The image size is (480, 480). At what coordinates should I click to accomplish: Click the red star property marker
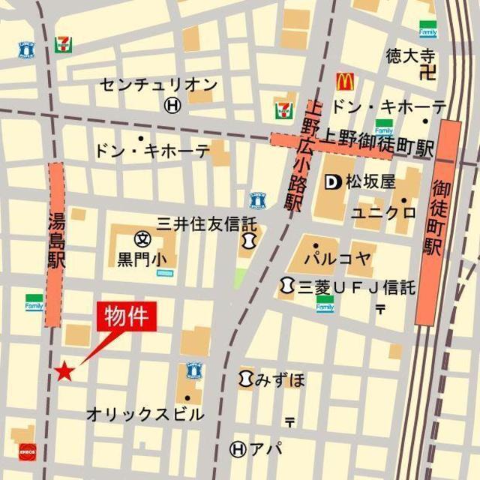click(65, 370)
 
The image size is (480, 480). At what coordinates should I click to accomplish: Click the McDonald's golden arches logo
click(344, 81)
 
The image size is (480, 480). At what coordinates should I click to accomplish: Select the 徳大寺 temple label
click(410, 55)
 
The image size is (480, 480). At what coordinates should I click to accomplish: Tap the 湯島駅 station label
click(57, 241)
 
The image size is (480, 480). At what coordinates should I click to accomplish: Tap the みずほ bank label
click(280, 379)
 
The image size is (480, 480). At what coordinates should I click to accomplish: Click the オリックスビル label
click(145, 414)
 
